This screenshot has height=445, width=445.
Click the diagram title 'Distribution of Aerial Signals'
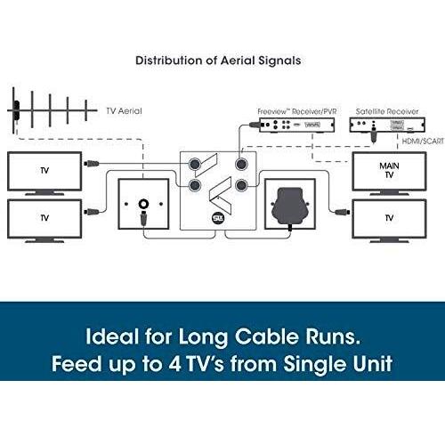pyautogui.click(x=218, y=61)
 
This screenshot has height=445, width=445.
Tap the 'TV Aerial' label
pyautogui.click(x=124, y=111)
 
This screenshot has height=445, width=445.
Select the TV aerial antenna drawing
pyautogui.click(x=53, y=110)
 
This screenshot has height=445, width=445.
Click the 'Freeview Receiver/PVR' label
pyautogui.click(x=297, y=111)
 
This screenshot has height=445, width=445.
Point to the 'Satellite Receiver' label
pyautogui.click(x=387, y=111)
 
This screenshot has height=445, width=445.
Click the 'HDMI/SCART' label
pyautogui.click(x=423, y=142)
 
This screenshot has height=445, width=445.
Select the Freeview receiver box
pyautogui.click(x=297, y=125)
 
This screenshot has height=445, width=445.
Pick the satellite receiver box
pyautogui.click(x=387, y=125)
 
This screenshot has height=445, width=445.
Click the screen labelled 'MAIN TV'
pyautogui.click(x=389, y=172)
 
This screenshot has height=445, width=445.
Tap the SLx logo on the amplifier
pyautogui.click(x=218, y=218)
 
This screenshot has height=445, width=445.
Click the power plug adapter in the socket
pyautogui.click(x=290, y=207)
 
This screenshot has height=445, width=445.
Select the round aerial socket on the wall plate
pyautogui.click(x=144, y=204)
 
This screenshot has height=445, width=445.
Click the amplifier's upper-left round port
pyautogui.click(x=195, y=164)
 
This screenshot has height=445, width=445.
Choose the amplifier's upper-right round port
pyautogui.click(x=241, y=164)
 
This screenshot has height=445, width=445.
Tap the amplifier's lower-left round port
pyautogui.click(x=195, y=185)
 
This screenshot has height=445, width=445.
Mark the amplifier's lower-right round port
pyautogui.click(x=241, y=185)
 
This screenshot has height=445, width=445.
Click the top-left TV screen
pyautogui.click(x=44, y=171)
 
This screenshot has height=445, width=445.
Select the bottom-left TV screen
pyautogui.click(x=44, y=219)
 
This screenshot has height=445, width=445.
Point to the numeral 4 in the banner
pyautogui.click(x=174, y=364)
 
